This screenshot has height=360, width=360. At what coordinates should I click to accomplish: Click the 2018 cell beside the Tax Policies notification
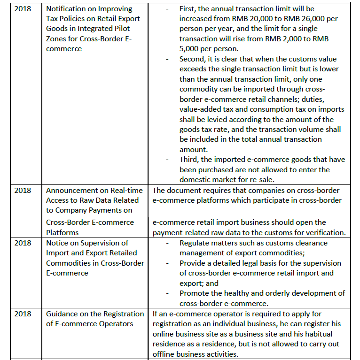23,9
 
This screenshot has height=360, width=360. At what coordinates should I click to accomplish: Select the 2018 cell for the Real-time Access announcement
23,190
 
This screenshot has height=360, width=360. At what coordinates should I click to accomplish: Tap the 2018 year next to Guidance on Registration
23,314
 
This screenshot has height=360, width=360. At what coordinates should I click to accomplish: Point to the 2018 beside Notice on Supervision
23,243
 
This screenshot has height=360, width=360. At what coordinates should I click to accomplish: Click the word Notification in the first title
66,9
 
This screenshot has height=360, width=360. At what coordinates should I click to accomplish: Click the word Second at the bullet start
193,59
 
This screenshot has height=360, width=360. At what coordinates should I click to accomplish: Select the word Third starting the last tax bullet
189,160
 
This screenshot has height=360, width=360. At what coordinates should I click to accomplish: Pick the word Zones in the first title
58,39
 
